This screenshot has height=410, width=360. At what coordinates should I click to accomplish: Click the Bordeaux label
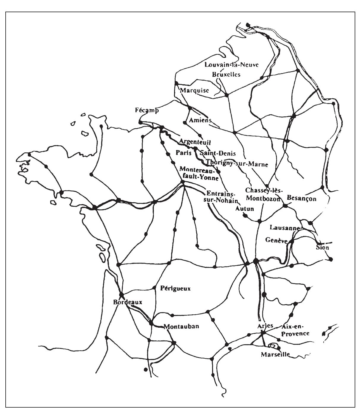[x=128, y=302]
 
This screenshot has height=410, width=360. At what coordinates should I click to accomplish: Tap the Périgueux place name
[x=175, y=288]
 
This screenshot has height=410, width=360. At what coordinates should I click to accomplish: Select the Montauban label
[x=181, y=326]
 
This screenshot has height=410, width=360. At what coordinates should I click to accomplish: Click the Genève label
[x=277, y=240]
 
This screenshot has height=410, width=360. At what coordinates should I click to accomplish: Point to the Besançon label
[x=301, y=198]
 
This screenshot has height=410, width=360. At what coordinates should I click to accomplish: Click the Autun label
[x=244, y=209]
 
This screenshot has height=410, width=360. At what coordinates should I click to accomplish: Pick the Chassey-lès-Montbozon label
[x=263, y=195]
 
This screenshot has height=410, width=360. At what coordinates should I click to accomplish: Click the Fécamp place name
[x=147, y=111]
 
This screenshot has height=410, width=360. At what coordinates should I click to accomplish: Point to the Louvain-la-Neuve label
[x=232, y=65]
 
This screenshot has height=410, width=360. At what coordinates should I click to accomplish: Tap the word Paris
[x=184, y=153]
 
